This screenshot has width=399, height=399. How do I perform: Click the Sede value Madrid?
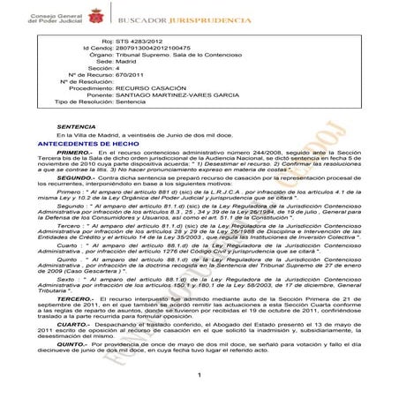[x=124, y=64]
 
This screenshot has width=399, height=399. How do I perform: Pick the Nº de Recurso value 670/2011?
[x=129, y=80]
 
